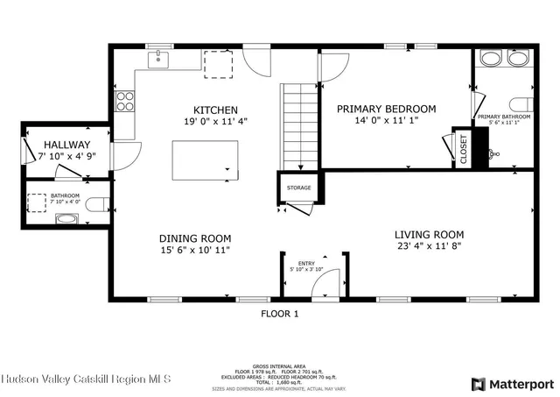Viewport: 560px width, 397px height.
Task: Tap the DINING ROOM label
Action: (194, 238)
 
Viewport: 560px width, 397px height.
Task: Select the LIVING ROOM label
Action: (429, 235)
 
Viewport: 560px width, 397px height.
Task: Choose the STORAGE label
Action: (299, 188)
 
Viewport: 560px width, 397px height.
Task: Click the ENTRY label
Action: (306, 262)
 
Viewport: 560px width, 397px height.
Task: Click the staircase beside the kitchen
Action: (299, 127)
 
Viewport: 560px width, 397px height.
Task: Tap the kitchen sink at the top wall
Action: (159, 59)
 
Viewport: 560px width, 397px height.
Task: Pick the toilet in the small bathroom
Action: (97, 204)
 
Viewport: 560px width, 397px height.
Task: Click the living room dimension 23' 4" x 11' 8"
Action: (429, 247)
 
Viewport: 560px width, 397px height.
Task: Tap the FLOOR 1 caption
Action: (280, 313)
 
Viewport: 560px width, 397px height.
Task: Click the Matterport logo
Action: (513, 383)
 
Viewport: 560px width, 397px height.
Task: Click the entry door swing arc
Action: (325, 282)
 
